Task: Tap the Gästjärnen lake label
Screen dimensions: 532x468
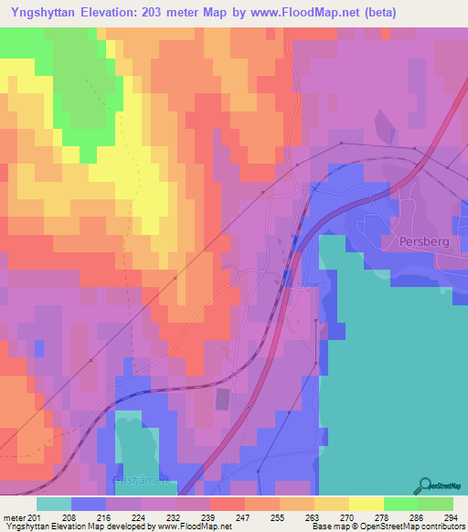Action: coord(138,479)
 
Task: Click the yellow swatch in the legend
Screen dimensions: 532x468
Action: coord(366,504)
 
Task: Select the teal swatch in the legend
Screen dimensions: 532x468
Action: coord(53,504)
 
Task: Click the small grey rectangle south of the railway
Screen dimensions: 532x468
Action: coord(222,399)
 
